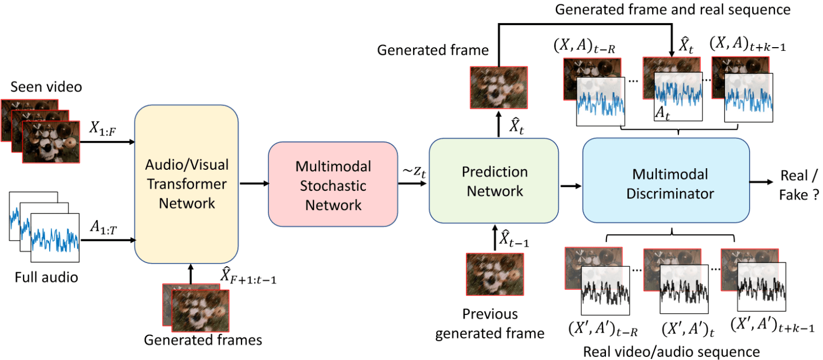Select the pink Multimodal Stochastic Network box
[x=333, y=185]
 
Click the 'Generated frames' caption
[x=203, y=340]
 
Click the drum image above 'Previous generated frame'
[x=494, y=274]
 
